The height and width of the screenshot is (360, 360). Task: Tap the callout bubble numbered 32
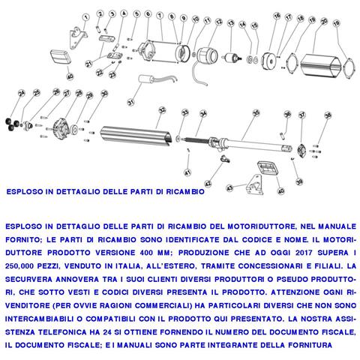160,110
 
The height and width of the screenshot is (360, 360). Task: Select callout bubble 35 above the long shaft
255,112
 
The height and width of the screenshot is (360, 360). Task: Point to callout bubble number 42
208,183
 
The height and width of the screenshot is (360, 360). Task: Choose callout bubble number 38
326,115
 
